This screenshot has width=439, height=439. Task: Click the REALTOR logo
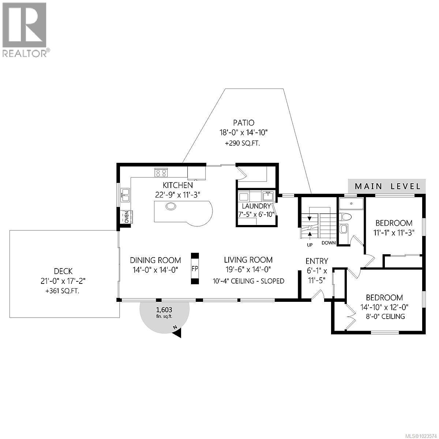pos(24,29)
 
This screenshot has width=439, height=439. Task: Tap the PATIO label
pos(244,123)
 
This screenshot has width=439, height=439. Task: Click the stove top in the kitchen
pos(161,172)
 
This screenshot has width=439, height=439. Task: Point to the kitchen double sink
pos(125,195)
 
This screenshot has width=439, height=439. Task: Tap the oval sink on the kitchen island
pos(170,206)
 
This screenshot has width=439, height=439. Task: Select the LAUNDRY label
pos(256,206)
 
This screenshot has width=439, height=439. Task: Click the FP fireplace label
pos(195,269)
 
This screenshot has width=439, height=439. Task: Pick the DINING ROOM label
pos(155,260)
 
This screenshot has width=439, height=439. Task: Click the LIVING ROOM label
pos(248,260)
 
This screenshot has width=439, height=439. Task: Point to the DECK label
pos(63,271)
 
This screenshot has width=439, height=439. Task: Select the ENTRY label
pos(317,261)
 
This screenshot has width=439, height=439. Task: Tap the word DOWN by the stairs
pos(329,243)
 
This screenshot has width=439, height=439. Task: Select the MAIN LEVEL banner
pos(387,186)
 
